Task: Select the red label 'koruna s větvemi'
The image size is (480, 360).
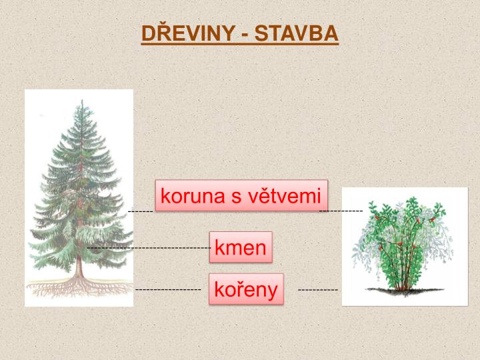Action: coord(241,196)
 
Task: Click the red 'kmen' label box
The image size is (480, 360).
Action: coord(241,248)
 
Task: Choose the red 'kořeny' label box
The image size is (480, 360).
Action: coord(246,289)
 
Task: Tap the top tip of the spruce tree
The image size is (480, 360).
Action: coord(82,102)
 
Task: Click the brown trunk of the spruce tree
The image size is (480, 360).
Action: coord(79,267)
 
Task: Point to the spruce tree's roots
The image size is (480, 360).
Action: coord(79,287)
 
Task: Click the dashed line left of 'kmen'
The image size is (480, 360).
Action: coord(150,248)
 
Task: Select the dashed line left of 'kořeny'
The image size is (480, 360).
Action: coord(168,290)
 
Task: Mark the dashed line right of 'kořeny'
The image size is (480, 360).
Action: coord(317,290)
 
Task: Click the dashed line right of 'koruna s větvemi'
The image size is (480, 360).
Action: coord(341,211)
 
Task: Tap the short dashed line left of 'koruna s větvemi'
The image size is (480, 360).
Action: coord(141,211)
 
